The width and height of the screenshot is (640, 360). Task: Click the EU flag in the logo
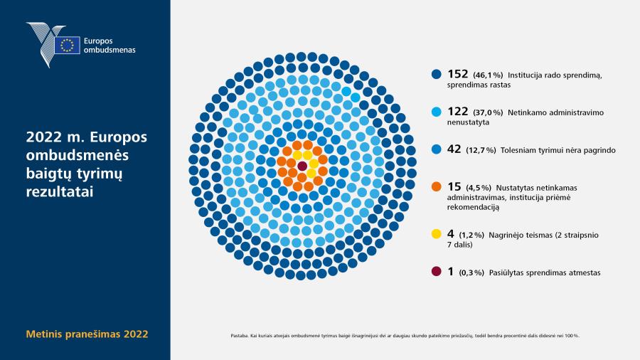(68, 45)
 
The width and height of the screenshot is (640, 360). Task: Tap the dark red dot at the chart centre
(302, 166)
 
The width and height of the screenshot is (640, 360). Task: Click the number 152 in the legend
(457, 74)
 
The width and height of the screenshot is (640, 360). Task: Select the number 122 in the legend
(457, 112)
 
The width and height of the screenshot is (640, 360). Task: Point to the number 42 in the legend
(454, 149)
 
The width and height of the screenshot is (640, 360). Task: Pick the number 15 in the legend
(454, 186)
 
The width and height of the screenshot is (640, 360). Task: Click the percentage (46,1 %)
(488, 75)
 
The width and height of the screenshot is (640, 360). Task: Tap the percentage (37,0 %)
(488, 112)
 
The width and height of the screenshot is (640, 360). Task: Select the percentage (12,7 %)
(481, 150)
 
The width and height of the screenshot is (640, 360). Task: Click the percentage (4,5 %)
(479, 188)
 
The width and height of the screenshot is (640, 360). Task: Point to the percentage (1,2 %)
(471, 235)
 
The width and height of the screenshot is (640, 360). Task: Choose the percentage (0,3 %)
(471, 272)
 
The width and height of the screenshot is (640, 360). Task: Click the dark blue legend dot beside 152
(437, 74)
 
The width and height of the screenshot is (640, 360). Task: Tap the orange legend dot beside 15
(437, 186)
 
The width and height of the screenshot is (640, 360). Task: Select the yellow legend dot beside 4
(437, 234)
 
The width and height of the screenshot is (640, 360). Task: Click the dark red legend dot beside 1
(437, 272)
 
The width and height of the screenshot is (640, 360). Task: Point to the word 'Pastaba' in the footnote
(239, 336)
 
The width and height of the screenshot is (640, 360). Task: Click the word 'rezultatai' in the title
(60, 191)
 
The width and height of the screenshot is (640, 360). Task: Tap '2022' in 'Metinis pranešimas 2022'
(136, 334)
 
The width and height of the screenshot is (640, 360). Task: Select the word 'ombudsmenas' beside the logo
(110, 50)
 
